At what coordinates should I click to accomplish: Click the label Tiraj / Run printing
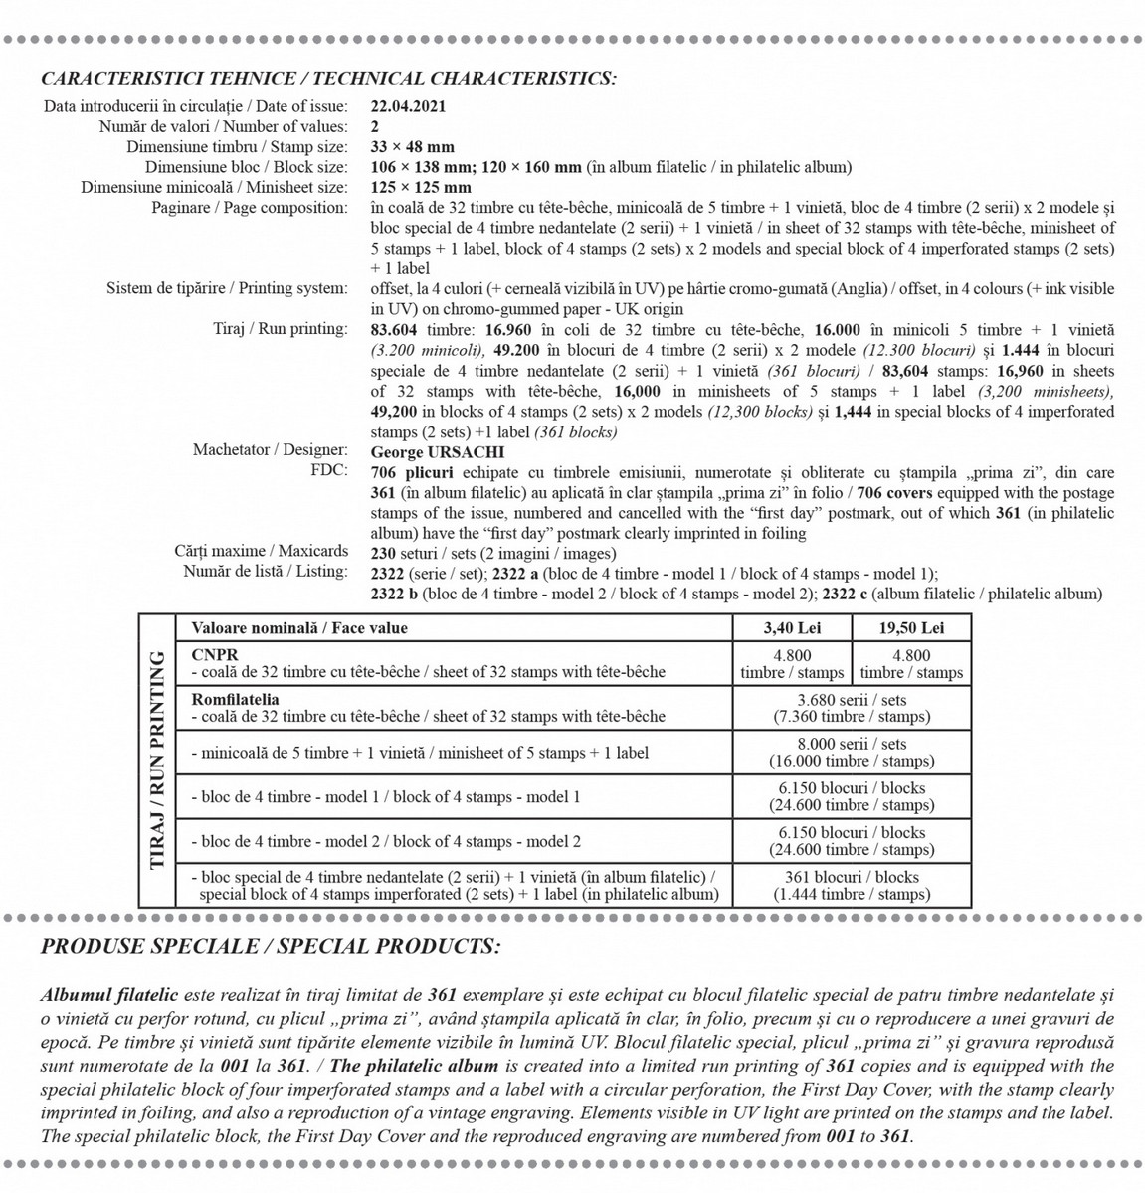(x=281, y=329)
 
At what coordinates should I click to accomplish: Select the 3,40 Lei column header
(x=792, y=628)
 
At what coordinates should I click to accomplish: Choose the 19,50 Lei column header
(x=911, y=628)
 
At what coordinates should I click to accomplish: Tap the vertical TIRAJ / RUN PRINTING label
(x=156, y=761)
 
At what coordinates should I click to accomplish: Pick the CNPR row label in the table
(x=215, y=655)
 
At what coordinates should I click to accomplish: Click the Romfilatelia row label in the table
(x=235, y=700)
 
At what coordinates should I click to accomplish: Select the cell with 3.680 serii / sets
(x=852, y=708)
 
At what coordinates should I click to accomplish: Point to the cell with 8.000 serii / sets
(x=852, y=753)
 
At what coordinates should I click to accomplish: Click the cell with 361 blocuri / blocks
(x=852, y=885)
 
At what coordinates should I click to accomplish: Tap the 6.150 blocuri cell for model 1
(x=852, y=796)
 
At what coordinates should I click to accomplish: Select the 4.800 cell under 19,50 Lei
(x=911, y=664)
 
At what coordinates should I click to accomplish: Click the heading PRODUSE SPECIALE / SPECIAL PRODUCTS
(x=271, y=946)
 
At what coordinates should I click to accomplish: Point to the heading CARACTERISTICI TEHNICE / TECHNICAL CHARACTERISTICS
(x=328, y=79)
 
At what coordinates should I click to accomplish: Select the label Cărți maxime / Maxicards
(x=262, y=551)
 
